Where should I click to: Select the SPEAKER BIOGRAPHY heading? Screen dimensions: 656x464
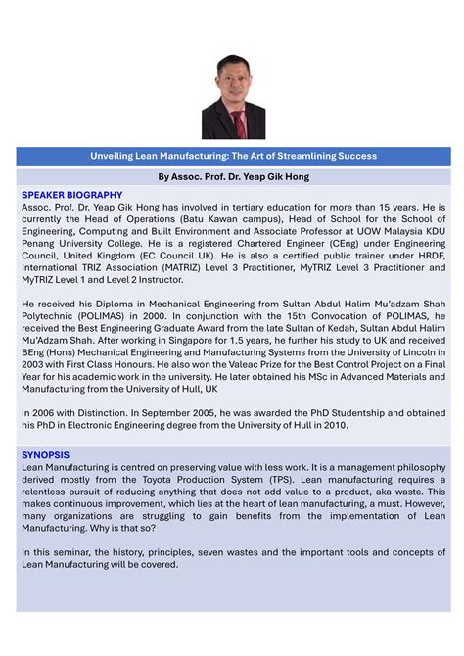click(x=71, y=195)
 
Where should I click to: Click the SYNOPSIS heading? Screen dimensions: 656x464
click(x=45, y=455)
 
